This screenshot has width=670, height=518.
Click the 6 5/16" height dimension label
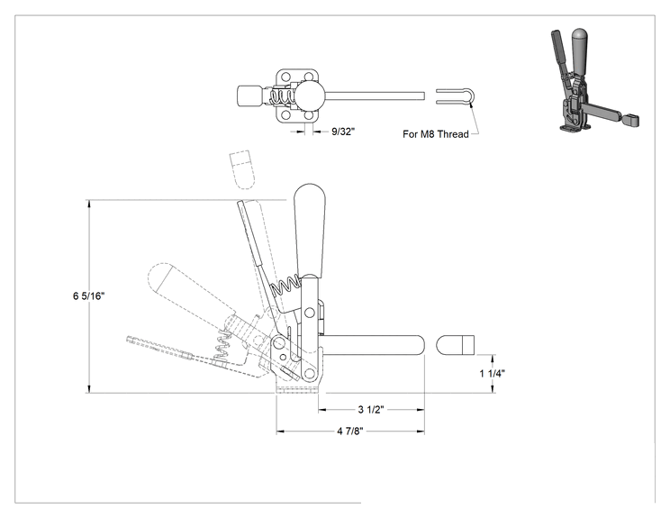88,295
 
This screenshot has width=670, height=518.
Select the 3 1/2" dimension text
371,409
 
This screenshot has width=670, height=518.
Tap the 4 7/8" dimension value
350,431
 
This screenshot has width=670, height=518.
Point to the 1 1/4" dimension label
492,374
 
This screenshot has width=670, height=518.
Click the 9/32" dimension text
343,132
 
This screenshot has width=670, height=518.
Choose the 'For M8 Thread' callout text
436,134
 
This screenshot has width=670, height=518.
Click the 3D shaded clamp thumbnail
594,79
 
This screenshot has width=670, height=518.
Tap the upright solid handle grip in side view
310,230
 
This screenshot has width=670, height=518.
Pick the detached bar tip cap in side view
455,345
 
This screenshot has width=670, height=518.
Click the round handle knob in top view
310,95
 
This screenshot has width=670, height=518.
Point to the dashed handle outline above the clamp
242,169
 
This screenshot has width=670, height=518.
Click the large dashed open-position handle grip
192,288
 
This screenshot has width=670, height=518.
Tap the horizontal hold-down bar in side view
371,345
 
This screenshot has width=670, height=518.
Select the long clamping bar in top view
375,95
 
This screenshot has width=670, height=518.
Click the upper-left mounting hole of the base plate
285,77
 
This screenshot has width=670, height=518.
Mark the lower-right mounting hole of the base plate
309,115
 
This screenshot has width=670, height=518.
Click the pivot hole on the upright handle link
309,314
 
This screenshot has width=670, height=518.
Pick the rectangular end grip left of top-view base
249,95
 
